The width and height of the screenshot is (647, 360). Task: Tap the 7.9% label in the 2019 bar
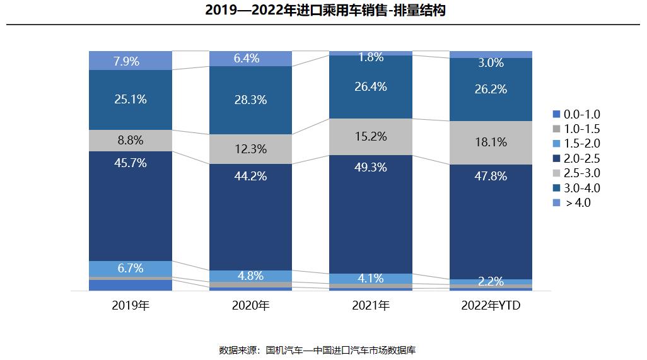point(131,61)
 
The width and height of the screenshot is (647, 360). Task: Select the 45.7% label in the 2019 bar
point(131,163)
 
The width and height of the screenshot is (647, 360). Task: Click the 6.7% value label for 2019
point(131,268)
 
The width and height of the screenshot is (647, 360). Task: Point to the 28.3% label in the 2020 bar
point(250,100)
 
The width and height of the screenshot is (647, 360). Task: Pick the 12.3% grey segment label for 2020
point(250,149)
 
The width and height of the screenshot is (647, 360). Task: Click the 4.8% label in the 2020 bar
point(250,276)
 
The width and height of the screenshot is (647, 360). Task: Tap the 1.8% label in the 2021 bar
point(371,57)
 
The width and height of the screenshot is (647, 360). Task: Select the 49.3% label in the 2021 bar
point(371,167)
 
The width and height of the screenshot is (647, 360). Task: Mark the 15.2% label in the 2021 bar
point(371,136)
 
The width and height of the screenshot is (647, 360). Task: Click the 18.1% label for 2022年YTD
point(491,142)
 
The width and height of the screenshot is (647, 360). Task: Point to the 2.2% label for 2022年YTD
point(491,281)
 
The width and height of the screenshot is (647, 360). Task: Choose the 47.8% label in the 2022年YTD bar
point(491,176)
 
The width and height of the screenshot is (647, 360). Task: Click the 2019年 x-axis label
point(131,306)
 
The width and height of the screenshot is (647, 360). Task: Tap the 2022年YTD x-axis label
point(491,306)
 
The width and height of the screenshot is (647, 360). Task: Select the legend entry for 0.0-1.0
point(577,114)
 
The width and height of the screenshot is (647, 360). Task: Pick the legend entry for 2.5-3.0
point(577,173)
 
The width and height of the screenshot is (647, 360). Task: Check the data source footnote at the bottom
point(317,349)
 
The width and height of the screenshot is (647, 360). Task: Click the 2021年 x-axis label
point(371,306)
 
